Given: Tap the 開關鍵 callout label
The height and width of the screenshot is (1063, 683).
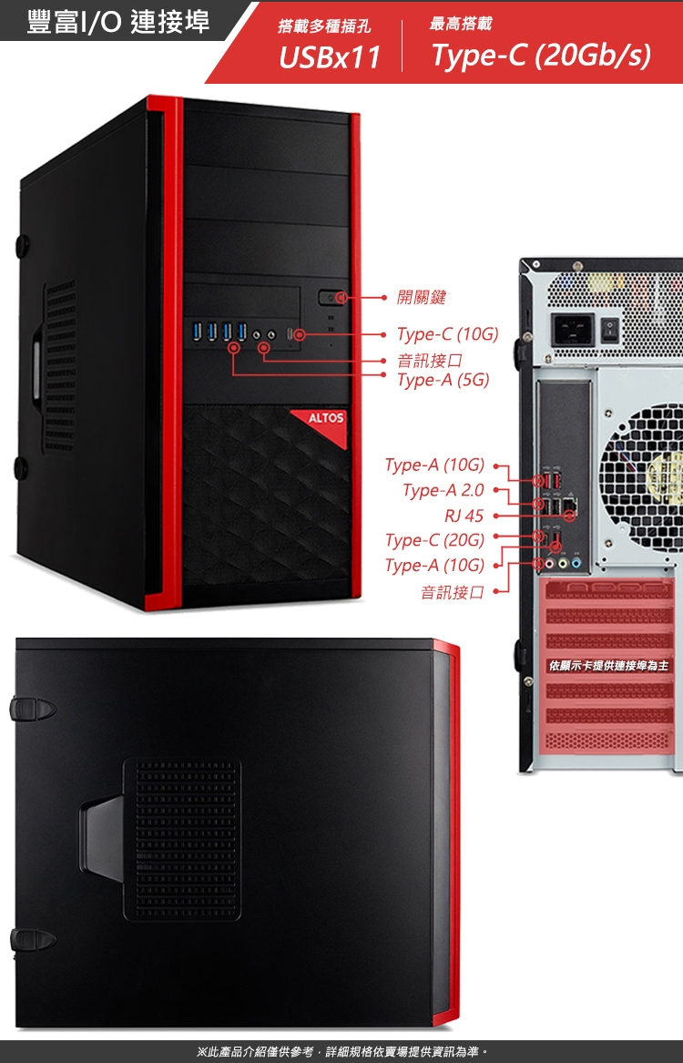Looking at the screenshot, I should [422, 297].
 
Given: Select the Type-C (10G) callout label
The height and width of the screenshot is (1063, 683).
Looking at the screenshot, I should [447, 335].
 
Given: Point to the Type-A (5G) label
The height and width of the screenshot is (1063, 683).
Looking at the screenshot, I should [443, 379].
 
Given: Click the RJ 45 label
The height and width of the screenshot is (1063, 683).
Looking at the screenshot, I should [464, 516].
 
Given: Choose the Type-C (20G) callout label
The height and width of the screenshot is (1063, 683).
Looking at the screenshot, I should [434, 540].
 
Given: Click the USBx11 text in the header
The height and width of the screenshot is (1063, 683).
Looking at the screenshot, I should [329, 57].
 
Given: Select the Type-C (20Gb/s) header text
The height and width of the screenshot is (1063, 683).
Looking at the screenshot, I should [541, 56].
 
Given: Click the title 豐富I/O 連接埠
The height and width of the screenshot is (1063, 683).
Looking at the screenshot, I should [117, 22].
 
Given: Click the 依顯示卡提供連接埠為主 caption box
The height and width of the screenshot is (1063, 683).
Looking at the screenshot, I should [608, 666].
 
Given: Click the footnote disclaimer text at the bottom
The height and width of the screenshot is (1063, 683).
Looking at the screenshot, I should [342, 1052].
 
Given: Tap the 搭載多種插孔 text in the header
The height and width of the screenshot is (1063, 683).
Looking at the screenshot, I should [324, 28].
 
